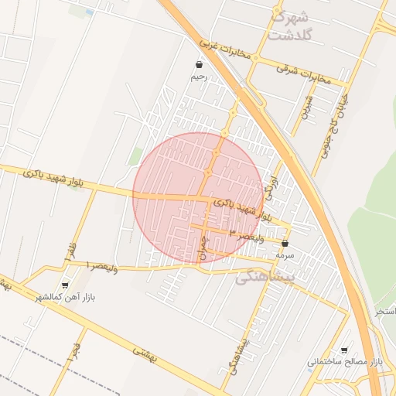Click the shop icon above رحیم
(x=200, y=65)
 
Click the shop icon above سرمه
(x=285, y=243)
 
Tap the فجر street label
(x=76, y=354)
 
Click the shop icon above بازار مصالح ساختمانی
(x=344, y=350)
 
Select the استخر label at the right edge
(x=385, y=312)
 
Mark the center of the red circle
(x=198, y=198)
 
